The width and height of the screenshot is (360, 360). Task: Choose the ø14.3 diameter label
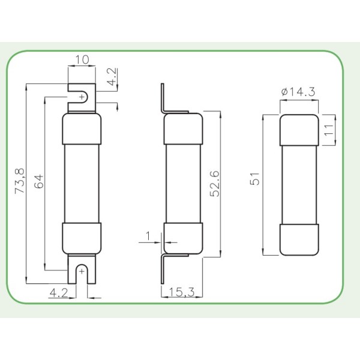coord(298,92)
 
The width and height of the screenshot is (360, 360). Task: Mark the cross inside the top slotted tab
coord(82,97)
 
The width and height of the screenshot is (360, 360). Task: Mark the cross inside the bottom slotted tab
coord(82,272)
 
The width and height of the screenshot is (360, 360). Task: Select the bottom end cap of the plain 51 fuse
coord(299,239)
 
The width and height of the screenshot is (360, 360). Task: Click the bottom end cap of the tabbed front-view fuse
coord(82,238)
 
